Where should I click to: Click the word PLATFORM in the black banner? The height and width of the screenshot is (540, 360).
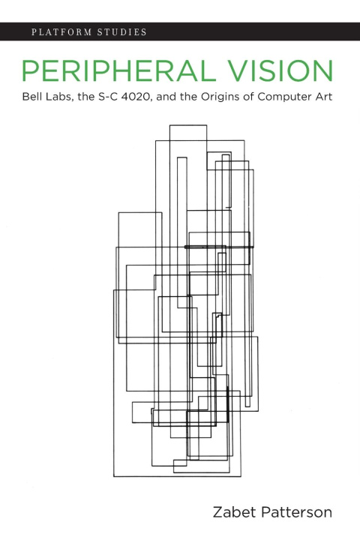tap(61, 32)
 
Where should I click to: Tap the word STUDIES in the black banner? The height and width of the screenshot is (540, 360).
tap(122, 32)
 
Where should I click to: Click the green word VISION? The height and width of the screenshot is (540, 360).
tap(281, 71)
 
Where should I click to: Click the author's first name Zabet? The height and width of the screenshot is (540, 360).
tap(235, 512)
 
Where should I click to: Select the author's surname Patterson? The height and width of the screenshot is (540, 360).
tap(296, 512)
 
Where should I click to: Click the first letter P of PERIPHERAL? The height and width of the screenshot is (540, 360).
tap(30, 71)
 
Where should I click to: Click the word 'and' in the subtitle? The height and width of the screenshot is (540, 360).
tap(166, 97)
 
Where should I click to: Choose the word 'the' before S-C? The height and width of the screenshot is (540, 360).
tap(85, 97)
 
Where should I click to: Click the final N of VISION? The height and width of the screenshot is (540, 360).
tap(324, 71)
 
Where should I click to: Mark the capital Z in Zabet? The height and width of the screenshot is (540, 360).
tap(218, 512)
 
